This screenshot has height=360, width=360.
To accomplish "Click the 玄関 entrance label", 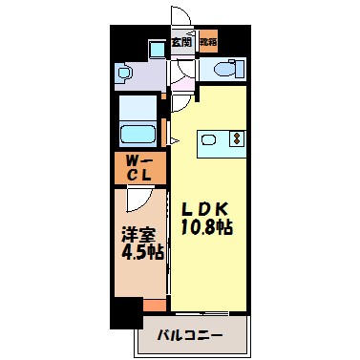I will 181,43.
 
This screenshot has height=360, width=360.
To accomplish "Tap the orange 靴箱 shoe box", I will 207,43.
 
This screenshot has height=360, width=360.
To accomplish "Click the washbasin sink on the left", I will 125,72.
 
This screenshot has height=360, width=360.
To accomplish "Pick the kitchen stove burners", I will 235,139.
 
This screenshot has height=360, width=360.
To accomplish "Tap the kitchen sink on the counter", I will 210,139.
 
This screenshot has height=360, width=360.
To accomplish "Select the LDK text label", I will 202,209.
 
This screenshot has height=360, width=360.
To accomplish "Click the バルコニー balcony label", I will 192,336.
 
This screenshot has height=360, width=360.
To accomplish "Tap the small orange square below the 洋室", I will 154,305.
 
